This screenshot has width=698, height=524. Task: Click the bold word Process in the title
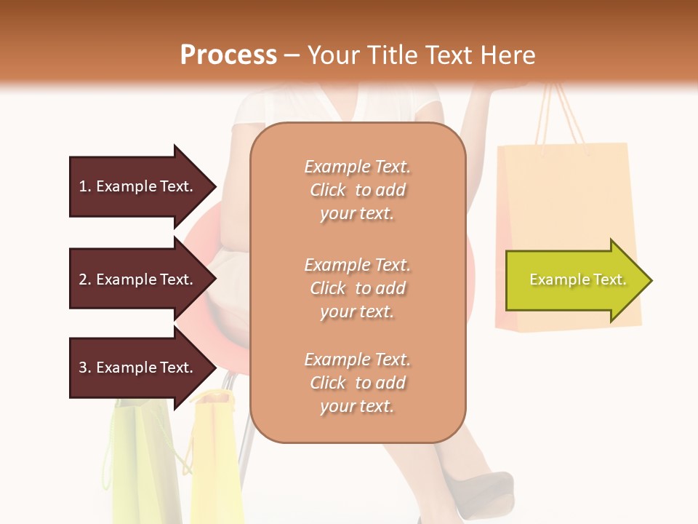coord(228,55)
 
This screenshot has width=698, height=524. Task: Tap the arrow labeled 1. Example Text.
coord(138,186)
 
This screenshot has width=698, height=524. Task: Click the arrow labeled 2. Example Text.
coord(138,279)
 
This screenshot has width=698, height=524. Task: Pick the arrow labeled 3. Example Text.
coord(138,368)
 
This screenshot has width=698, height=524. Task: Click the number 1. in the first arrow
coord(85,186)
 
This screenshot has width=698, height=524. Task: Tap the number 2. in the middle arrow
coord(85,279)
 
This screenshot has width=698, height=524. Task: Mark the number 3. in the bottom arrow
coord(85,368)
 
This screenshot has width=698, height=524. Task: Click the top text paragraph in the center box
coord(357,190)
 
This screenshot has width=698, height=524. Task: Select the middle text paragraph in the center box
coord(357,287)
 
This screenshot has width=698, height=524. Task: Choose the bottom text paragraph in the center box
coord(357,383)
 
